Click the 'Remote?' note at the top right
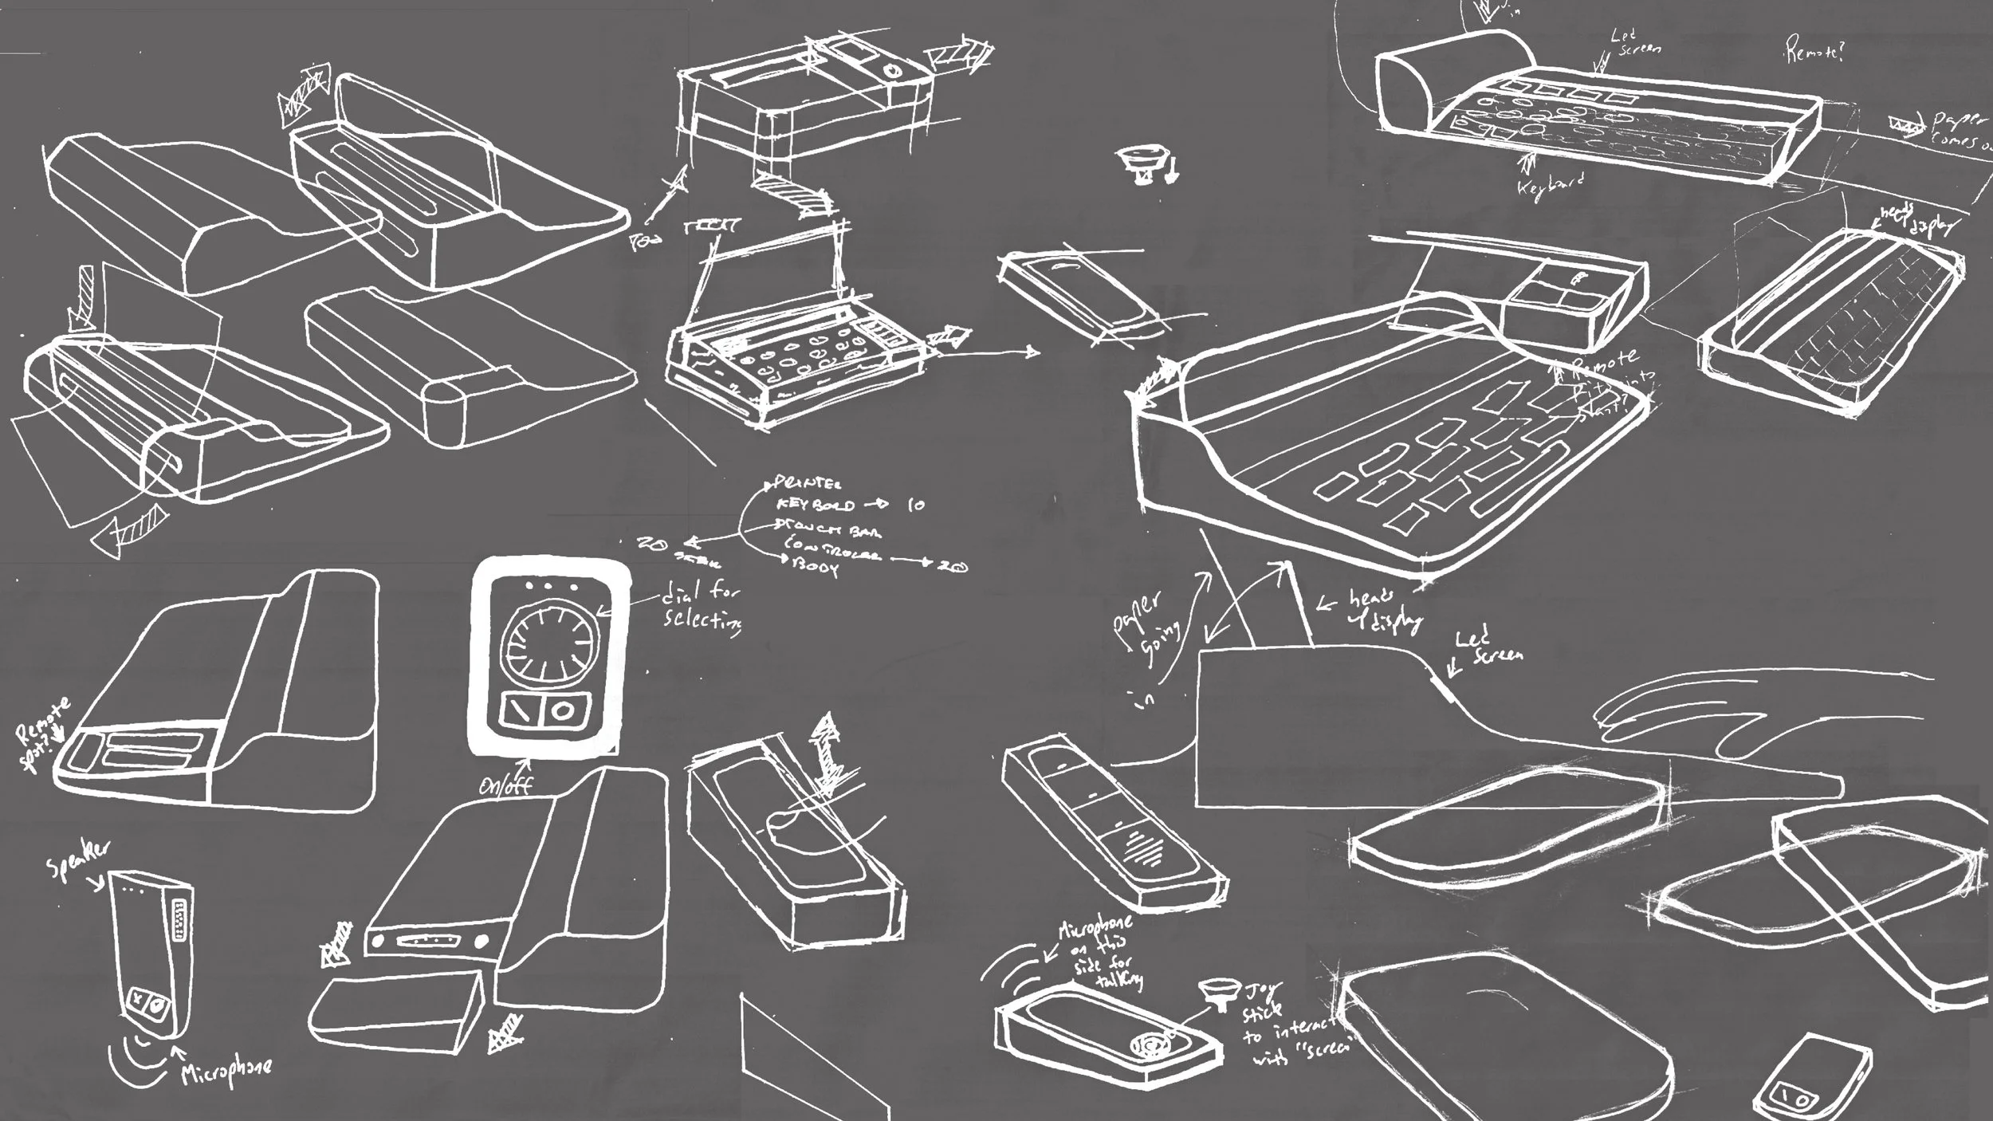pos(1814,53)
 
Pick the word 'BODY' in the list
pos(813,568)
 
